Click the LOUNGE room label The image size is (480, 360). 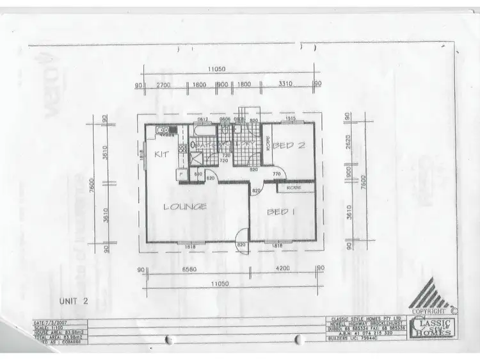(184, 206)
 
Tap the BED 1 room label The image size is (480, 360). (280, 212)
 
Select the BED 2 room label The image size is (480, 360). (288, 145)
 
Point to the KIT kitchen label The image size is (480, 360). (161, 154)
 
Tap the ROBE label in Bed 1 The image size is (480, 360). (293, 188)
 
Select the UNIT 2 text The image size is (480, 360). (74, 300)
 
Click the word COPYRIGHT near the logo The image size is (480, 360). (428, 311)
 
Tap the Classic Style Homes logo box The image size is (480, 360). (434, 327)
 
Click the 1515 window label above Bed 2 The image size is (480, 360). (289, 119)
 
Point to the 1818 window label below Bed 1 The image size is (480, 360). (277, 246)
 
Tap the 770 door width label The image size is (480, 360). (277, 174)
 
